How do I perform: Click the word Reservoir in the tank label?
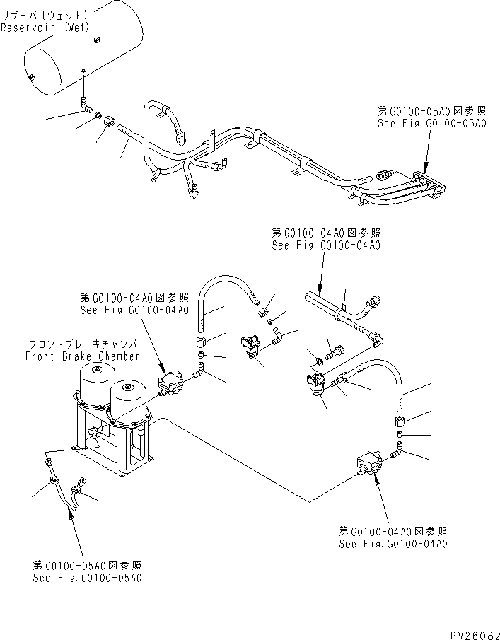pyautogui.click(x=28, y=29)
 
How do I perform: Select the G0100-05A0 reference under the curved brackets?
pyautogui.click(x=88, y=571)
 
